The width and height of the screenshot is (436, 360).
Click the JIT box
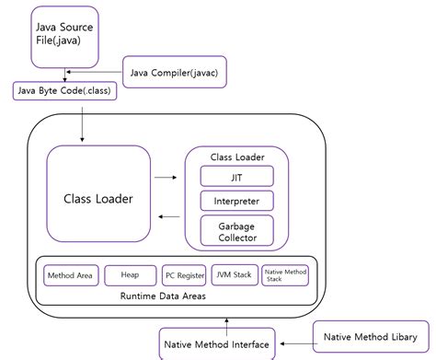[x=236, y=176]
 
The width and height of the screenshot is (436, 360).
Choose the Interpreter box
[x=236, y=201]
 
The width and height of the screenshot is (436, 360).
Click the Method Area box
[x=68, y=274]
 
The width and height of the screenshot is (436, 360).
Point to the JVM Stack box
[x=235, y=274]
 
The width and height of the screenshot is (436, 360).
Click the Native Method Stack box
[x=286, y=274]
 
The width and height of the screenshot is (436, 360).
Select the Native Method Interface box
[x=216, y=344]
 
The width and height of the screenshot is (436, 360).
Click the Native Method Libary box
[x=369, y=337]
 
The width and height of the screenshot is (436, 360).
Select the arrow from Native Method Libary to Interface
[x=294, y=342]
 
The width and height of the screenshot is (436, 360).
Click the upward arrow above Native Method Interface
[x=217, y=319]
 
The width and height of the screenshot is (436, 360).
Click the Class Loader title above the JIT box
[x=236, y=156]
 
